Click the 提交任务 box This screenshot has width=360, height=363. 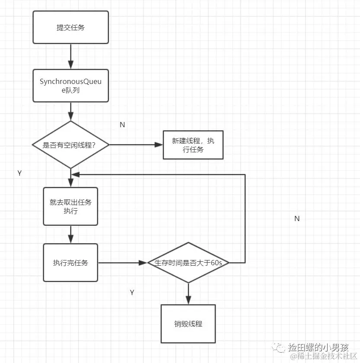point(71,27)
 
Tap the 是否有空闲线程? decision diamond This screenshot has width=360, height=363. point(70,145)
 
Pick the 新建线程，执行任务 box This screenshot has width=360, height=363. point(193,145)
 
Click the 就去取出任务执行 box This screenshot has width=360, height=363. point(70,206)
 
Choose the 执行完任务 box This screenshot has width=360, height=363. point(70,262)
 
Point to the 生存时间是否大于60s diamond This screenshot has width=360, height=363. point(188,262)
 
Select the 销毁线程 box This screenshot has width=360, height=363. point(188,324)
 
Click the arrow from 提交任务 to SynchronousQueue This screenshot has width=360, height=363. point(71,56)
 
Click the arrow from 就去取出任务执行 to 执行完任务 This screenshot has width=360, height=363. point(71,235)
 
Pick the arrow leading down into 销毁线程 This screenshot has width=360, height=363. point(188,294)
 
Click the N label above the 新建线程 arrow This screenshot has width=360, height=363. point(122,125)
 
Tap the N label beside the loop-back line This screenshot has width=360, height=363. point(297,218)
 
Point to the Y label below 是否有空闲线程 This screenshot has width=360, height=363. point(19,173)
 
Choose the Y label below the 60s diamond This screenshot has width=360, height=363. point(132,292)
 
